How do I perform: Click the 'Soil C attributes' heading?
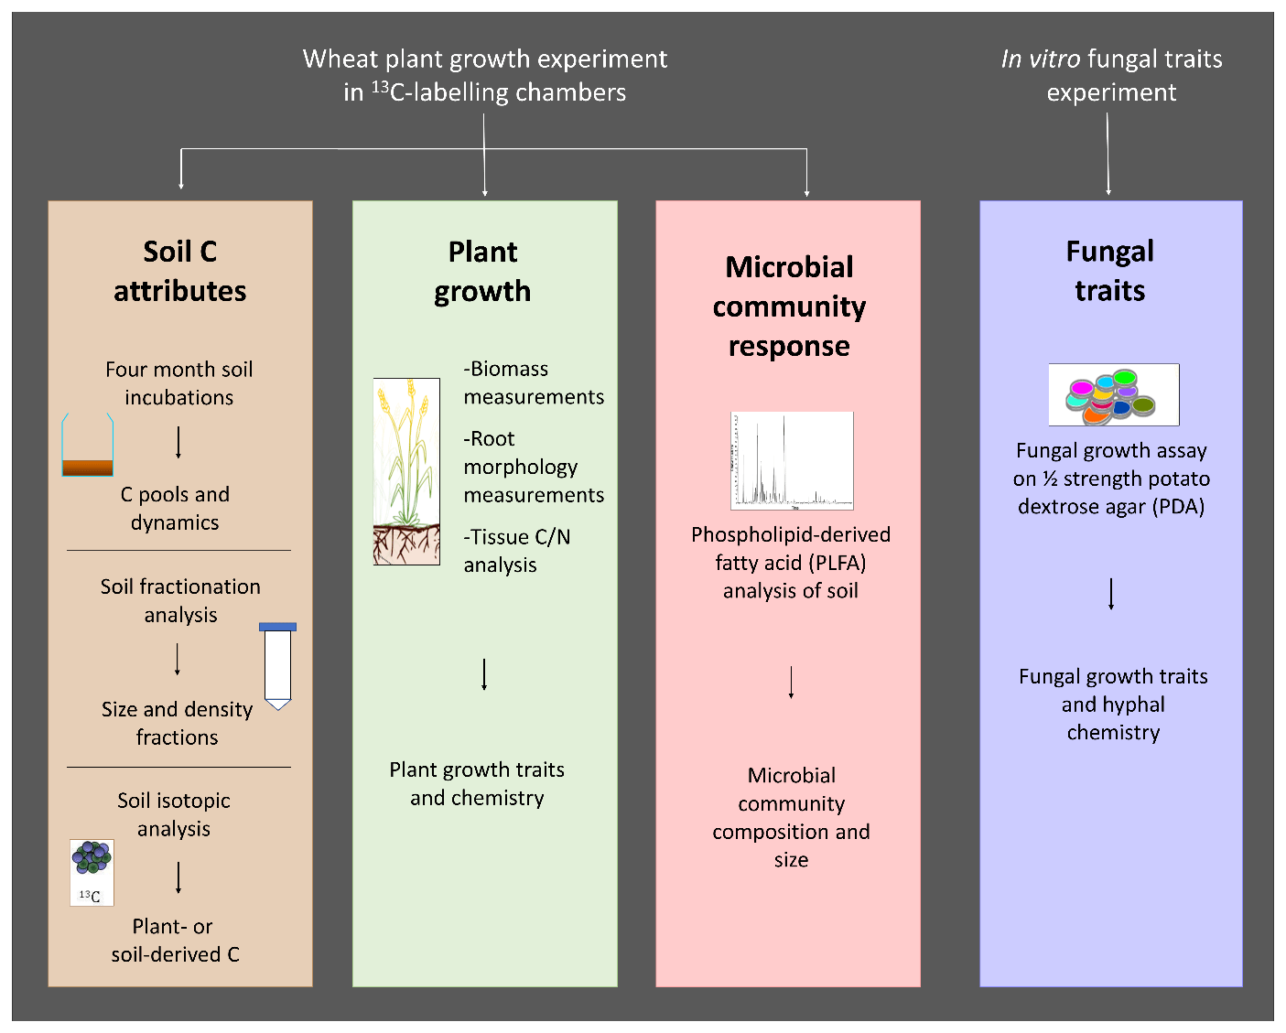click(x=180, y=271)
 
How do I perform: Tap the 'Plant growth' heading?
click(x=482, y=271)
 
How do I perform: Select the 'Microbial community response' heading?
click(x=789, y=307)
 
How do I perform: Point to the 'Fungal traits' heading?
click(x=1110, y=271)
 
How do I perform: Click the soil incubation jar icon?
click(x=88, y=446)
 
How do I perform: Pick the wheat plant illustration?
click(x=406, y=471)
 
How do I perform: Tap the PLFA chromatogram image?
click(x=792, y=460)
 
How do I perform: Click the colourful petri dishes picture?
click(x=1113, y=395)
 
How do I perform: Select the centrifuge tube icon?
click(x=277, y=666)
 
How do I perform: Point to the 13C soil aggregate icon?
click(x=92, y=873)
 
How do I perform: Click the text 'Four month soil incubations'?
click(x=179, y=383)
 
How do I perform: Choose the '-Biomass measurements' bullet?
click(x=534, y=382)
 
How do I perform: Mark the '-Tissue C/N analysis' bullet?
click(x=517, y=551)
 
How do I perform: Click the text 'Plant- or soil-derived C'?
click(x=175, y=941)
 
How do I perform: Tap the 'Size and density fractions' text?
click(x=177, y=723)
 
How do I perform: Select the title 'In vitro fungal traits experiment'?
click(x=1111, y=75)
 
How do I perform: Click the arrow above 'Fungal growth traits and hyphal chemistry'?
click(x=1111, y=594)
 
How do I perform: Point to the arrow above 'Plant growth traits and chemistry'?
click(x=484, y=674)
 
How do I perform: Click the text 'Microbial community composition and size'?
click(x=791, y=817)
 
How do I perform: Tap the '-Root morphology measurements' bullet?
click(x=534, y=467)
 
